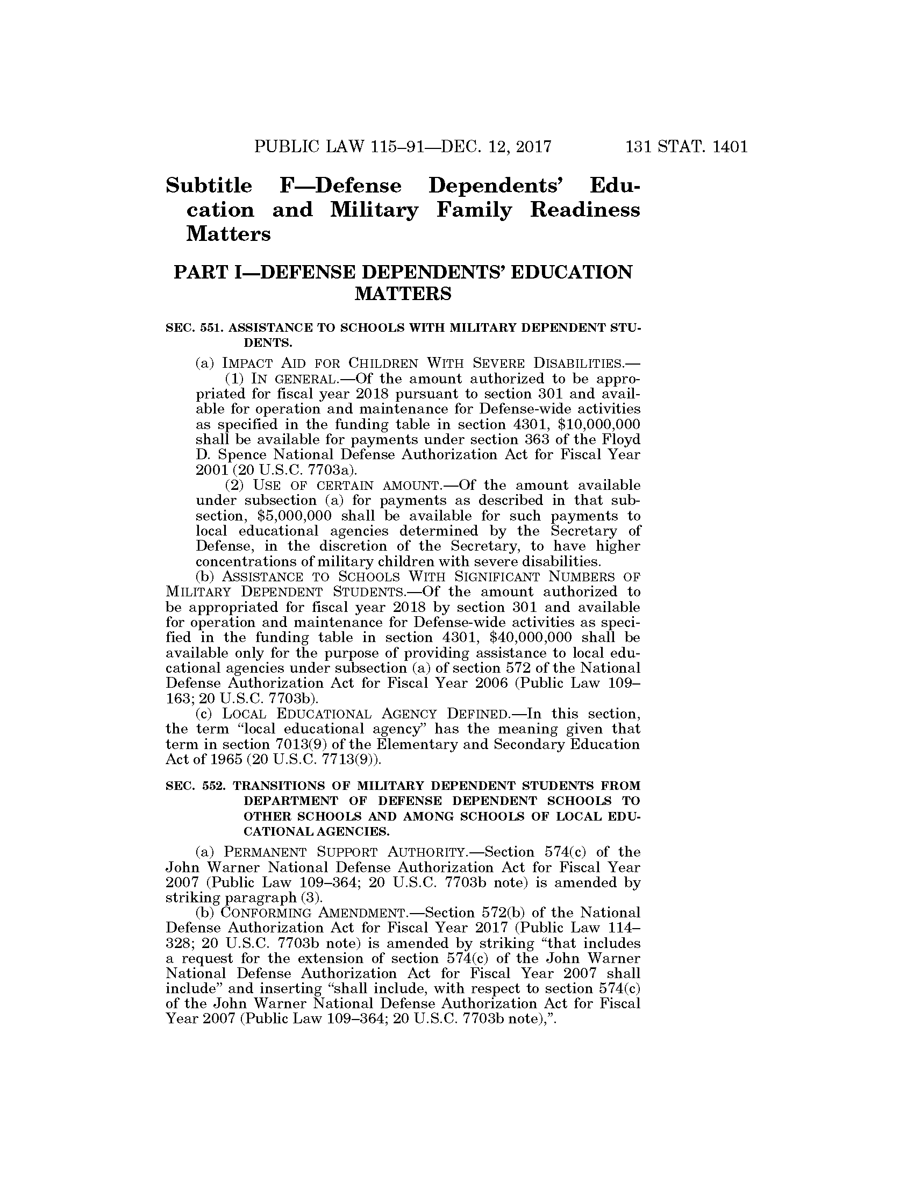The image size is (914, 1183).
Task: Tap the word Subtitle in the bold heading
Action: coord(209,186)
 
